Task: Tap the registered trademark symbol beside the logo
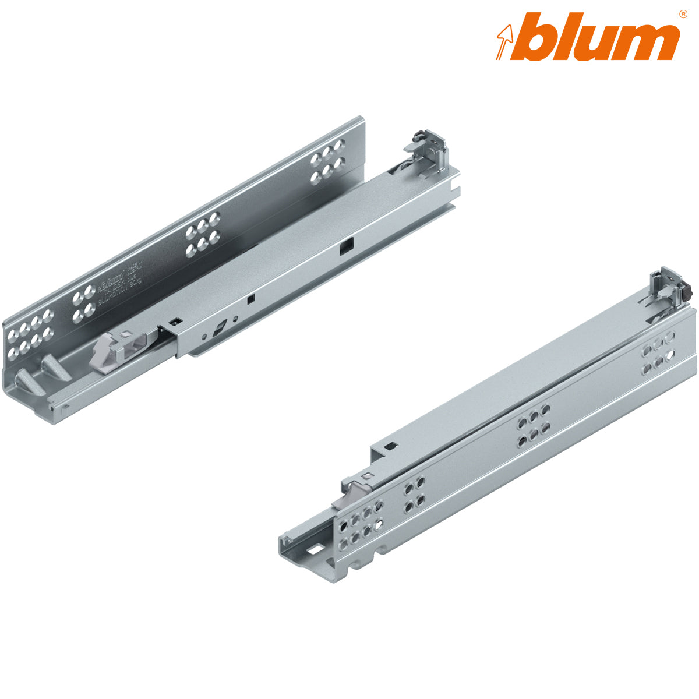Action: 683,14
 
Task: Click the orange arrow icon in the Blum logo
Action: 505,41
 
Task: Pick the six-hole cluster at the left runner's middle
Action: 202,235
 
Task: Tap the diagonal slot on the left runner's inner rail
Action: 218,329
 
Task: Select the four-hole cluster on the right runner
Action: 415,494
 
